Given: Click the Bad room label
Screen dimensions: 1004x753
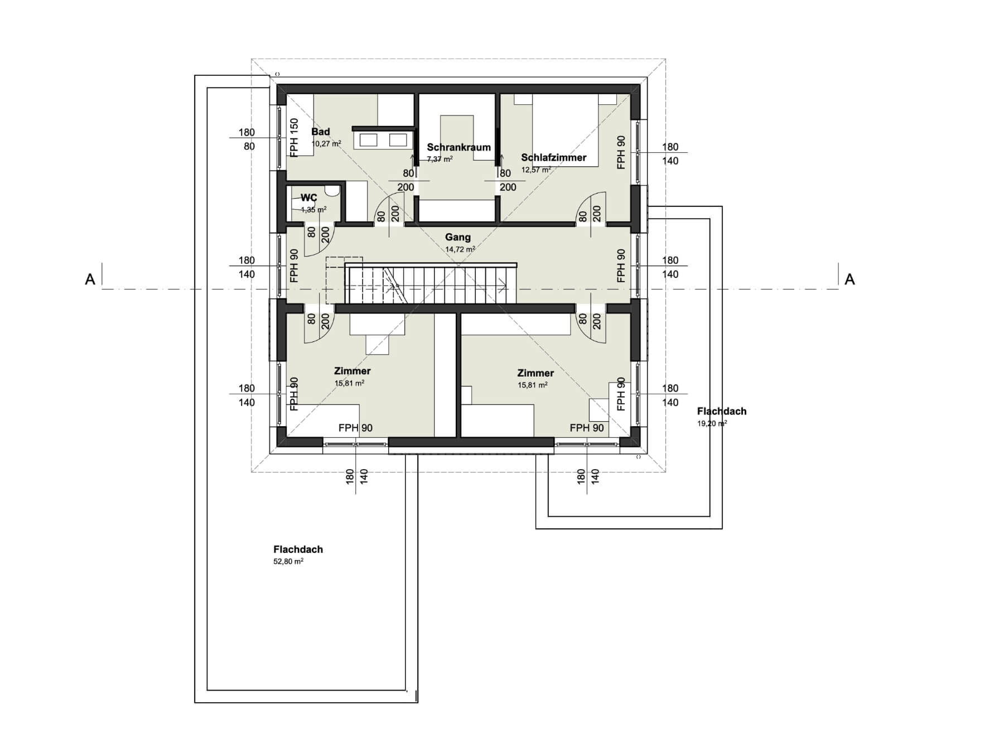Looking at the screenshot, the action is point(320,132).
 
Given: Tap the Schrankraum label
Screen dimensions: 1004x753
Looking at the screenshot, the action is point(458,147).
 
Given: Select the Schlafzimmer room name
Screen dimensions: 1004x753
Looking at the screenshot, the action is point(553,157).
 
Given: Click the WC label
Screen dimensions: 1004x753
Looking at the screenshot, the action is point(308,197).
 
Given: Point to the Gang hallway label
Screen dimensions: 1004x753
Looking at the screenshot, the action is point(457,237).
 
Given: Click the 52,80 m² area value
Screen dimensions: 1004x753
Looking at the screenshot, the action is point(288,562).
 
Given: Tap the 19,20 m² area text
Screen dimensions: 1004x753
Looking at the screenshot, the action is point(712,423).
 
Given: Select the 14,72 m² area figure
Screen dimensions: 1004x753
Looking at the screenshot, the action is point(460,249).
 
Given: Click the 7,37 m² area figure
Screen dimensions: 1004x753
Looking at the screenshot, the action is point(440,159).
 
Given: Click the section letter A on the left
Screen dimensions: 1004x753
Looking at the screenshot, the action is point(90,279).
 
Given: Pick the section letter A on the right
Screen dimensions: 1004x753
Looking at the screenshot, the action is point(849,279).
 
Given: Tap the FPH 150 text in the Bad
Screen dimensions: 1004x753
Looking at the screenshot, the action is point(294,137).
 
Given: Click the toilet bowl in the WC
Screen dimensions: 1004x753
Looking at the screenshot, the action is point(332,191).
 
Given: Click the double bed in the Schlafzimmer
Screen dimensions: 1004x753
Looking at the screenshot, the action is point(566,130).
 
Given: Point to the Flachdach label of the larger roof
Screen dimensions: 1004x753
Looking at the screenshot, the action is point(298,549).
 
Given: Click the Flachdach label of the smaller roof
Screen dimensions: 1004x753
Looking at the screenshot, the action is point(722,411).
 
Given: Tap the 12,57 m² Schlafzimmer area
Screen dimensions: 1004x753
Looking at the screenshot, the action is point(536,170).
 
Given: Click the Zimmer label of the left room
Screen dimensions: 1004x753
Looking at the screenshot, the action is point(353,371).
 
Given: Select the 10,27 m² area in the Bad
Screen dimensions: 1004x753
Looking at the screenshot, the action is point(326,144).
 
